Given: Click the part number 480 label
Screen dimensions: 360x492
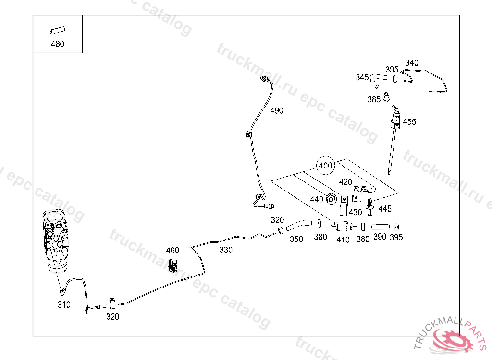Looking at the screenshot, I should (57, 44).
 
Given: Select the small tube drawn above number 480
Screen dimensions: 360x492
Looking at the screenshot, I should (57, 32).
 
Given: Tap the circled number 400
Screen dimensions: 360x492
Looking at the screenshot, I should (325, 166).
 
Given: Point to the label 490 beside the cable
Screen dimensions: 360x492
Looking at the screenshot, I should (276, 110).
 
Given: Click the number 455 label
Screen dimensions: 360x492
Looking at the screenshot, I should (409, 121).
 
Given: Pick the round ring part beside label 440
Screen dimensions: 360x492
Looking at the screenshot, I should (331, 199).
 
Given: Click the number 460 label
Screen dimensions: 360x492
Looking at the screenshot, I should (172, 251).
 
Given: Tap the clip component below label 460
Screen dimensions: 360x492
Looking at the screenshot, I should (173, 265).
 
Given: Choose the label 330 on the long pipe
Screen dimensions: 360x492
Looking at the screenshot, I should (226, 250).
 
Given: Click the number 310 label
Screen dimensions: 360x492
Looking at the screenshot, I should (64, 305).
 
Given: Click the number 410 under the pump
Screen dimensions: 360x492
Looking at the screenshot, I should (343, 240).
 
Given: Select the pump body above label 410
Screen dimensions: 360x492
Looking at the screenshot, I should (343, 226).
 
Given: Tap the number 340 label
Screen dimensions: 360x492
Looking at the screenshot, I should (412, 63).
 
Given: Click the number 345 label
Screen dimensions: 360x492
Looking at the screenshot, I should (362, 77).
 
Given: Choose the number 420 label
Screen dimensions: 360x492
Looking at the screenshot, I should (345, 182).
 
